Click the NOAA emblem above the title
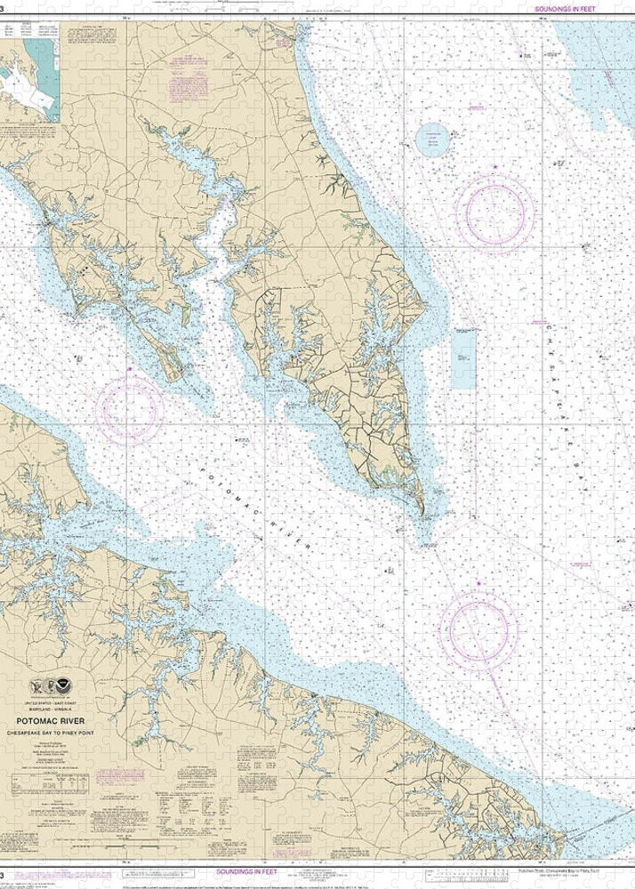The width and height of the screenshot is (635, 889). [62, 687]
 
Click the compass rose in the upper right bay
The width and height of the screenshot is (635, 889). [494, 213]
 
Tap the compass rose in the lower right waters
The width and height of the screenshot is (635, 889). [478, 629]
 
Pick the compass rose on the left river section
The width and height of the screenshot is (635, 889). [131, 411]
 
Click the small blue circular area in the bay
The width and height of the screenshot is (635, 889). [434, 139]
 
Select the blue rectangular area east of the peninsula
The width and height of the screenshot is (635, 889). [463, 358]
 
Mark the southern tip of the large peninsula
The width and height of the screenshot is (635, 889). [422, 513]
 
